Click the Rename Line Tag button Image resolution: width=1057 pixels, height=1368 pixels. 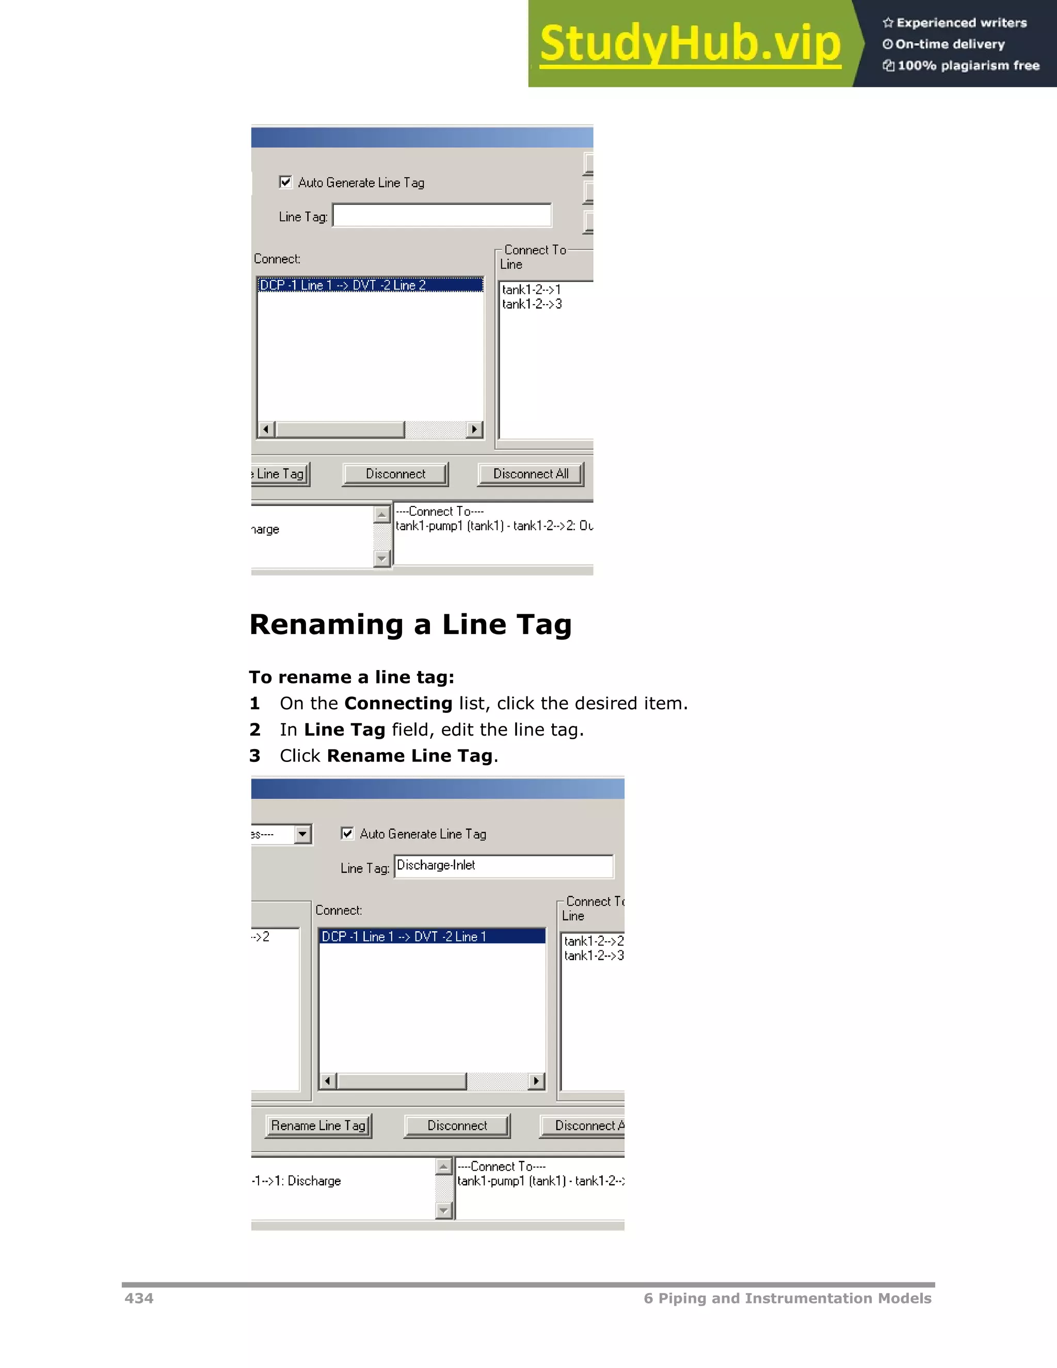click(x=318, y=1125)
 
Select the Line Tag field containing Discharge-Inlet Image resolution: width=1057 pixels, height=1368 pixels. click(x=503, y=866)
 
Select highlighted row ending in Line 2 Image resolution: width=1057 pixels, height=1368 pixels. click(x=370, y=285)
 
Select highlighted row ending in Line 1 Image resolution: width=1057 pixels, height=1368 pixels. click(x=432, y=936)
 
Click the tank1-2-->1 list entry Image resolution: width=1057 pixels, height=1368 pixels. click(x=531, y=290)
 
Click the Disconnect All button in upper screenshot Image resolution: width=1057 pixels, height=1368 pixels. click(x=531, y=474)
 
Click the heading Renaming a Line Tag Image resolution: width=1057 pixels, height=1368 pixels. click(x=410, y=625)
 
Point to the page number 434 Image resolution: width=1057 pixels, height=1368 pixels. click(x=138, y=1298)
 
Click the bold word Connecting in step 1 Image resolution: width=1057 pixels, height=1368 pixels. click(x=398, y=704)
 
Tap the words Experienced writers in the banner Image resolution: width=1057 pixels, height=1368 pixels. click(x=961, y=23)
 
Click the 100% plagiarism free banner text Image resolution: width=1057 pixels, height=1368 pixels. click(x=968, y=66)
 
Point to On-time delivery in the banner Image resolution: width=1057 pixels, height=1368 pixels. click(x=949, y=44)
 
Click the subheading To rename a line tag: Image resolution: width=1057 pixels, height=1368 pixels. click(x=351, y=677)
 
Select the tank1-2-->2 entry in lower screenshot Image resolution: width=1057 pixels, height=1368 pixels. click(x=593, y=941)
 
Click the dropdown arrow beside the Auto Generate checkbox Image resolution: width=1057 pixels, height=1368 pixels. click(x=303, y=834)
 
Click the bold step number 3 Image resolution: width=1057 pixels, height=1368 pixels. click(x=255, y=756)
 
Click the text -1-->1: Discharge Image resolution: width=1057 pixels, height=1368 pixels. click(x=296, y=1181)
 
